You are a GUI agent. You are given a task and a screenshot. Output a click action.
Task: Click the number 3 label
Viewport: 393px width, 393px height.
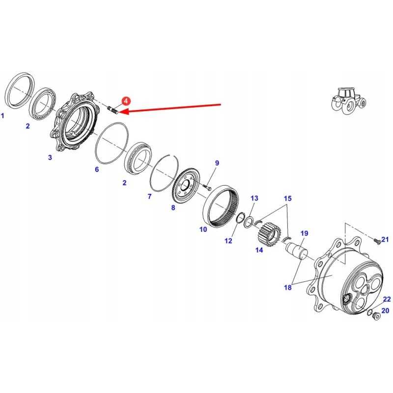[x=50, y=158]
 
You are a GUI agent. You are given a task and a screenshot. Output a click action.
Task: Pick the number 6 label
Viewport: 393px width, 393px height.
[x=97, y=169]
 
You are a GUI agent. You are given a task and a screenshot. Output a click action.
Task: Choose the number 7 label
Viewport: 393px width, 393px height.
[x=150, y=196]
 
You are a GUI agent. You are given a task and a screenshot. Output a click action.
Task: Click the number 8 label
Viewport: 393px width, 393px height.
[x=173, y=208]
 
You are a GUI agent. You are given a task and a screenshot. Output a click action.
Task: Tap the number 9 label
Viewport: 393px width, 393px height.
[x=217, y=163]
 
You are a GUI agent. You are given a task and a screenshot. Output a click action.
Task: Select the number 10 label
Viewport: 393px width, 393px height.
[x=203, y=229]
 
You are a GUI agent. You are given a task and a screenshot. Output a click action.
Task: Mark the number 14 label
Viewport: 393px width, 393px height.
[x=259, y=250]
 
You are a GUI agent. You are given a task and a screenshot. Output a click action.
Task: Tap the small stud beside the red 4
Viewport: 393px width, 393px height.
[x=112, y=109]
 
